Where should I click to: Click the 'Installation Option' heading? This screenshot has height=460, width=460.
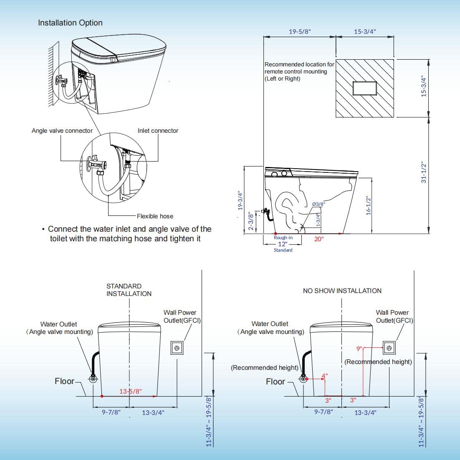pyautogui.click(x=70, y=23)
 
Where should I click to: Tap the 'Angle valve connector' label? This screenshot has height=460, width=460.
pyautogui.click(x=62, y=131)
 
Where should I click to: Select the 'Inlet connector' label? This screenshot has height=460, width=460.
pyautogui.click(x=158, y=131)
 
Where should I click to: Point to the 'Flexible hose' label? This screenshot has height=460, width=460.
pyautogui.click(x=155, y=216)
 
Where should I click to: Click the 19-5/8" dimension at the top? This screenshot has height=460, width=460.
pyautogui.click(x=300, y=31)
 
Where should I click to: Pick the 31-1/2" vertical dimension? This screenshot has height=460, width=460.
pyautogui.click(x=424, y=172)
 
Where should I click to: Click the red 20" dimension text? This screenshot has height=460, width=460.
pyautogui.click(x=319, y=239)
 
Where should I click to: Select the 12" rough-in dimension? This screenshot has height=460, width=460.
pyautogui.click(x=283, y=244)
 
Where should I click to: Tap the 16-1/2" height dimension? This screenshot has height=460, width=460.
pyautogui.click(x=369, y=206)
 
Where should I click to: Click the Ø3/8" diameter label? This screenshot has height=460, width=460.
pyautogui.click(x=318, y=204)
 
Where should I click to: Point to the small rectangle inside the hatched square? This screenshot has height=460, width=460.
pyautogui.click(x=365, y=88)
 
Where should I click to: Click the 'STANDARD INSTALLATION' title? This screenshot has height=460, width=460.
pyautogui.click(x=129, y=290)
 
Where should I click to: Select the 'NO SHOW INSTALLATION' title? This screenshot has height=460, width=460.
pyautogui.click(x=342, y=291)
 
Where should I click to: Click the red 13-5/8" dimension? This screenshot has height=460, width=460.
pyautogui.click(x=131, y=391)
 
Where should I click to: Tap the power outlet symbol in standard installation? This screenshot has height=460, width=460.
pyautogui.click(x=177, y=348)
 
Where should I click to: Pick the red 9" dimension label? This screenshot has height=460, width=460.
pyautogui.click(x=359, y=348)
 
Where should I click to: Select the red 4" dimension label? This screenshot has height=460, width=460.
pyautogui.click(x=324, y=376)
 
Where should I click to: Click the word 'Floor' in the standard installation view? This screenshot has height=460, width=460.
pyautogui.click(x=64, y=381)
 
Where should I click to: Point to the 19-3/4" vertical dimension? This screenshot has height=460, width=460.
pyautogui.click(x=240, y=201)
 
